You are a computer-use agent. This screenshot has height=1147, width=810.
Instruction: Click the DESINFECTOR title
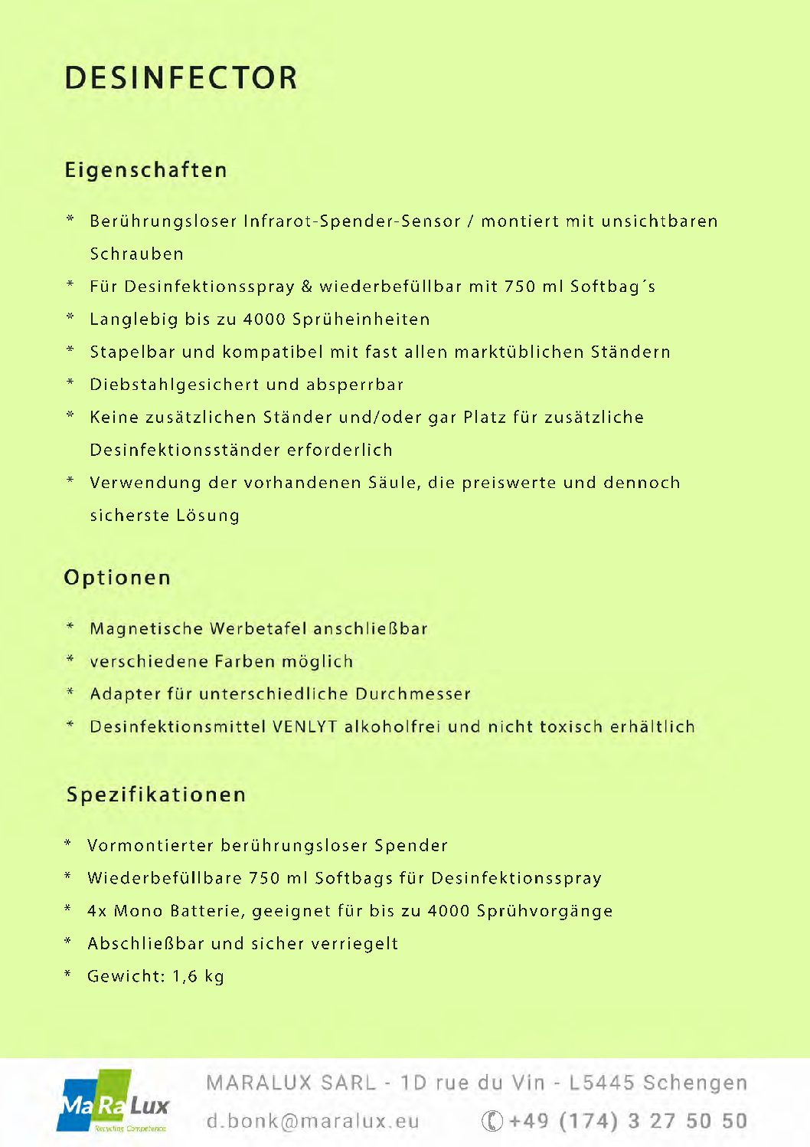[x=181, y=78]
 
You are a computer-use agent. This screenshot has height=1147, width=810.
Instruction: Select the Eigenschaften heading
[x=145, y=170]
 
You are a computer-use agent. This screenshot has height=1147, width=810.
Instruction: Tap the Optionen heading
[x=117, y=577]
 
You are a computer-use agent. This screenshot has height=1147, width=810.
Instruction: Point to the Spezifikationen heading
[x=156, y=795]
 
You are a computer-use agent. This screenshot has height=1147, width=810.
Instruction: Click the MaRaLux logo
[x=113, y=1102]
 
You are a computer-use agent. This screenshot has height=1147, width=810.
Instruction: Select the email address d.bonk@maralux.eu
[x=312, y=1121]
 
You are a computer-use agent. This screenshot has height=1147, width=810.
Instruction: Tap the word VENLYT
[x=305, y=726]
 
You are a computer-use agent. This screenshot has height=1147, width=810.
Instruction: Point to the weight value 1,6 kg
[x=198, y=976]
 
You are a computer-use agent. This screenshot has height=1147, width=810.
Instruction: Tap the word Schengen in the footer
[x=694, y=1083]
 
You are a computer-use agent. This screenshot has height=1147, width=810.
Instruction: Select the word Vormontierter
[x=150, y=846]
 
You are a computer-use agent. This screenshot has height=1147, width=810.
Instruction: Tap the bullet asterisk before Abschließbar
[x=68, y=942]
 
